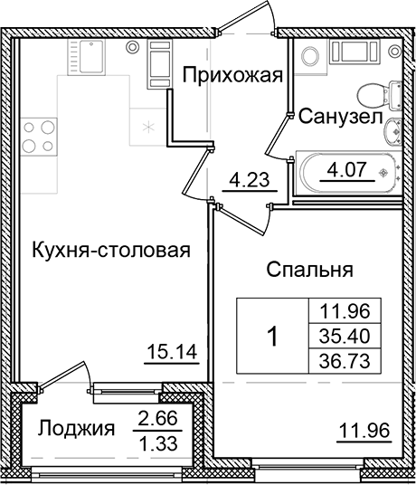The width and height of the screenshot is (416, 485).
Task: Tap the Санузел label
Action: point(334,116)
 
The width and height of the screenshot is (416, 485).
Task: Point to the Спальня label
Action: point(307,269)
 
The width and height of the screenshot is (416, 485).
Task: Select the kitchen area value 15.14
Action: point(171,350)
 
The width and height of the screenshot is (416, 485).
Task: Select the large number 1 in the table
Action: point(272,337)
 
